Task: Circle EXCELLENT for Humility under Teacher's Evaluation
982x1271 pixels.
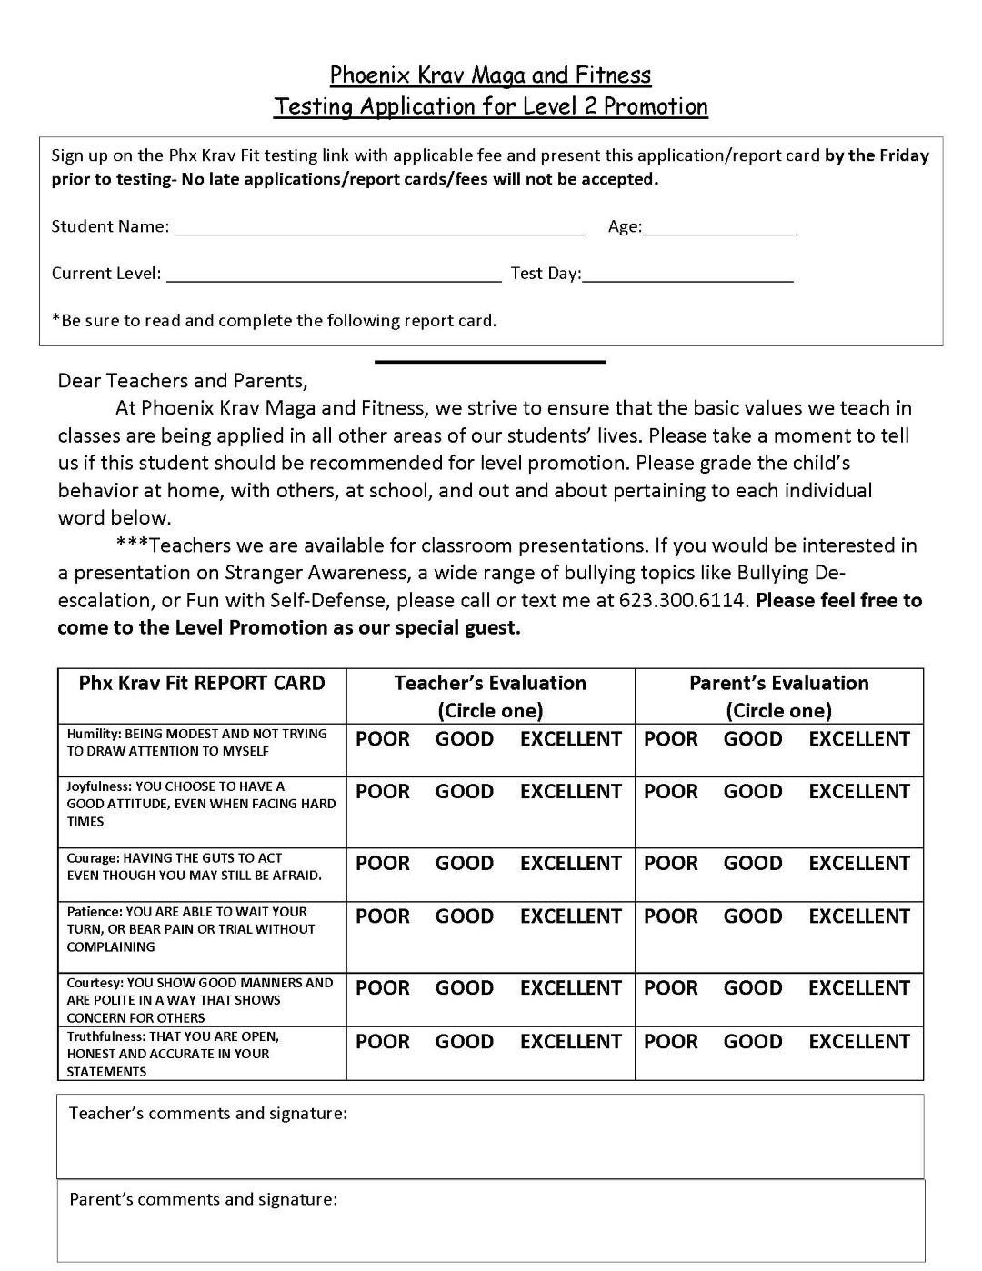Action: tap(570, 739)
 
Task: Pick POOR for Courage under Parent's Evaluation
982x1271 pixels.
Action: tap(671, 864)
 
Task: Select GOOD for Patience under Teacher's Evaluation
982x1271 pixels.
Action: tap(464, 917)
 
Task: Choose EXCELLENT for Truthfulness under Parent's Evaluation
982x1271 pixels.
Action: tap(859, 1042)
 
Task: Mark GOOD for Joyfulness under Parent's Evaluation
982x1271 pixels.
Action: tap(753, 792)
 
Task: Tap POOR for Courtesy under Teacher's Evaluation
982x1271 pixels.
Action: tap(383, 988)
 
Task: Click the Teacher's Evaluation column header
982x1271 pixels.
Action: tap(490, 684)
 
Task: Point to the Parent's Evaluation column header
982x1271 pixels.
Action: tap(778, 684)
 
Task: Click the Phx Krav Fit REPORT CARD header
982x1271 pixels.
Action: tap(202, 684)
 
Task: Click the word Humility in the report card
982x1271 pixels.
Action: tap(93, 734)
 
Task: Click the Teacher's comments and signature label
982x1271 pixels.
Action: tap(208, 1114)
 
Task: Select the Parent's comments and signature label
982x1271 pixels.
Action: tap(204, 1200)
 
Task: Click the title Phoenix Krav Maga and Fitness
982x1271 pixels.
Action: tap(490, 75)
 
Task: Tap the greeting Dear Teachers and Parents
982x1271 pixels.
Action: tap(183, 381)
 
